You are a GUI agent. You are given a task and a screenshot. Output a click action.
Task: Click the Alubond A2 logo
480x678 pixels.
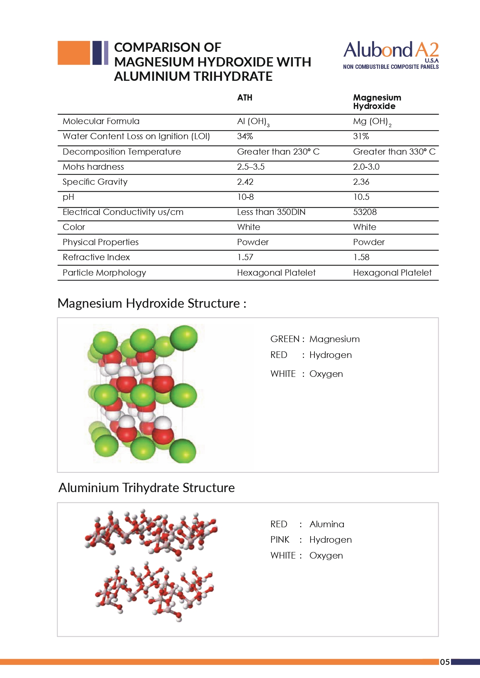tap(391, 55)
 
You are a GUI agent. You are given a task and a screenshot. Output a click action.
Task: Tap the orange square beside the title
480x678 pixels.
tap(73, 53)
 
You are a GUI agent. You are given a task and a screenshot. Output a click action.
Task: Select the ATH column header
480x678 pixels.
tap(244, 97)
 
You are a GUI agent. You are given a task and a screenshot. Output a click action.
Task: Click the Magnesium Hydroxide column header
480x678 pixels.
tap(377, 102)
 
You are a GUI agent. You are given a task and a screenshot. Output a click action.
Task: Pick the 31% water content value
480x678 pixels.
tap(361, 136)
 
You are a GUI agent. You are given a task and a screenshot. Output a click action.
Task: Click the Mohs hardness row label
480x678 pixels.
tap(93, 167)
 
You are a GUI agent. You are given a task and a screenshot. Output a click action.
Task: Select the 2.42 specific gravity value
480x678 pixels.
tap(245, 182)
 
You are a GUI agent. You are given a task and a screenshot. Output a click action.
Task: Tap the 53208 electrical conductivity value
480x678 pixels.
tap(365, 212)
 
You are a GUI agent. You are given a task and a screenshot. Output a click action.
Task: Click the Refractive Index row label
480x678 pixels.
tap(96, 257)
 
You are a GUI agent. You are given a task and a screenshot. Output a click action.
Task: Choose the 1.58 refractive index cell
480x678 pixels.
tap(361, 257)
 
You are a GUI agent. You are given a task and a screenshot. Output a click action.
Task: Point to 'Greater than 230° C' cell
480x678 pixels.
tap(278, 152)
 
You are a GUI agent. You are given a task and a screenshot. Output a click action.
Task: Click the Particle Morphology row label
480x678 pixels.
tap(104, 273)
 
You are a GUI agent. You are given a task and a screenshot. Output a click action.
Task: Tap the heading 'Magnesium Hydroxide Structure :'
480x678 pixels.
tap(152, 303)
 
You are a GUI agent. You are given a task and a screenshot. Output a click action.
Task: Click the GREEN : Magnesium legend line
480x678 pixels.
tap(315, 339)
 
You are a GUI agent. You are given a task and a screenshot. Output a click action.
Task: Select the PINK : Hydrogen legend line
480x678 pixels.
tap(311, 540)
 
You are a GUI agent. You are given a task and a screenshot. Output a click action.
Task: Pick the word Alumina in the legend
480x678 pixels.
tap(327, 524)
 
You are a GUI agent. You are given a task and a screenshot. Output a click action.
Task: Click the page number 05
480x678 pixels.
tap(445, 662)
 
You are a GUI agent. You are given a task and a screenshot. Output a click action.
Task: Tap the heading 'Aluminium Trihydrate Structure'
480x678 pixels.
tap(147, 487)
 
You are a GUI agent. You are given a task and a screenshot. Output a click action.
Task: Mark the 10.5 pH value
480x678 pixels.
tap(361, 197)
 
